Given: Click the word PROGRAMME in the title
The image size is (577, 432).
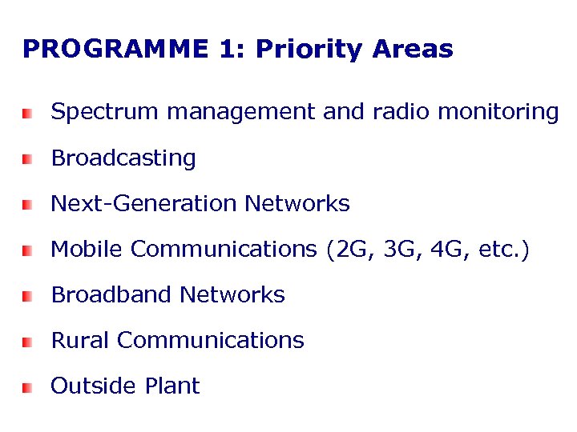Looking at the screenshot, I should pyautogui.click(x=115, y=50).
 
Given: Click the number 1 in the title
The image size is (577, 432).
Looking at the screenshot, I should pyautogui.click(x=225, y=50).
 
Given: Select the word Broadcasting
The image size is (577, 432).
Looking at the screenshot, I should pyautogui.click(x=123, y=158).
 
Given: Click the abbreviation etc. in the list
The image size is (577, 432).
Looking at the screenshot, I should pyautogui.click(x=498, y=250).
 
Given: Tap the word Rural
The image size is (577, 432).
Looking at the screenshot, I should pyautogui.click(x=80, y=341).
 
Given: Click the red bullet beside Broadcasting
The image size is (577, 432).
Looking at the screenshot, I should pyautogui.click(x=27, y=160).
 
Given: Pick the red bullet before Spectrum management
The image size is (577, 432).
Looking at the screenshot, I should pyautogui.click(x=27, y=114).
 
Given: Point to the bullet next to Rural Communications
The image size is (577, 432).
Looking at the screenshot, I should pyautogui.click(x=27, y=342).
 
